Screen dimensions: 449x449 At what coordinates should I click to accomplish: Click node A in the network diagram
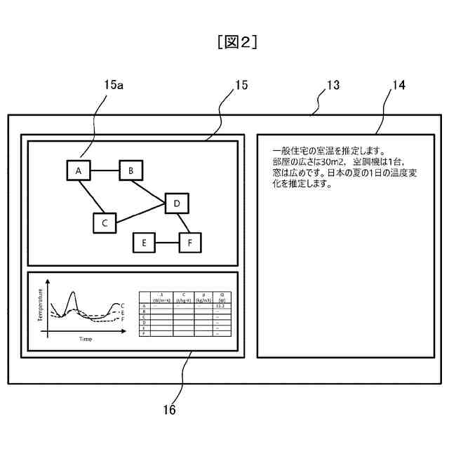tap(78, 170)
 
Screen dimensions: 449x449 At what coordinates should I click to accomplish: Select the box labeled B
tap(131, 170)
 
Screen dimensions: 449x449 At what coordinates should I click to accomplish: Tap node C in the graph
tap(104, 223)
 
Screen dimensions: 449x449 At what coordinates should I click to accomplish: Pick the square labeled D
tap(177, 203)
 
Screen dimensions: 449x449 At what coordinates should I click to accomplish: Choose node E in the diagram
tap(144, 243)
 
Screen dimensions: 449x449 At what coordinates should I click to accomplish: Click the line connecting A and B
tap(105, 170)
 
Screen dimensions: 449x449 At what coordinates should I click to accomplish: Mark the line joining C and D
tap(140, 214)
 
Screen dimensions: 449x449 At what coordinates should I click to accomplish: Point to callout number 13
tap(333, 85)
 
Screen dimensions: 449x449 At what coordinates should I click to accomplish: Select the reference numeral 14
tap(398, 85)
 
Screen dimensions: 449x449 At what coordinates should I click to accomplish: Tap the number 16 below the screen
tap(169, 410)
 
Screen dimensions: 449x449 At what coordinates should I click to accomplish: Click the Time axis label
tap(85, 340)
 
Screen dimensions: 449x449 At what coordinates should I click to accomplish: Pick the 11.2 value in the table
tap(220, 306)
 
